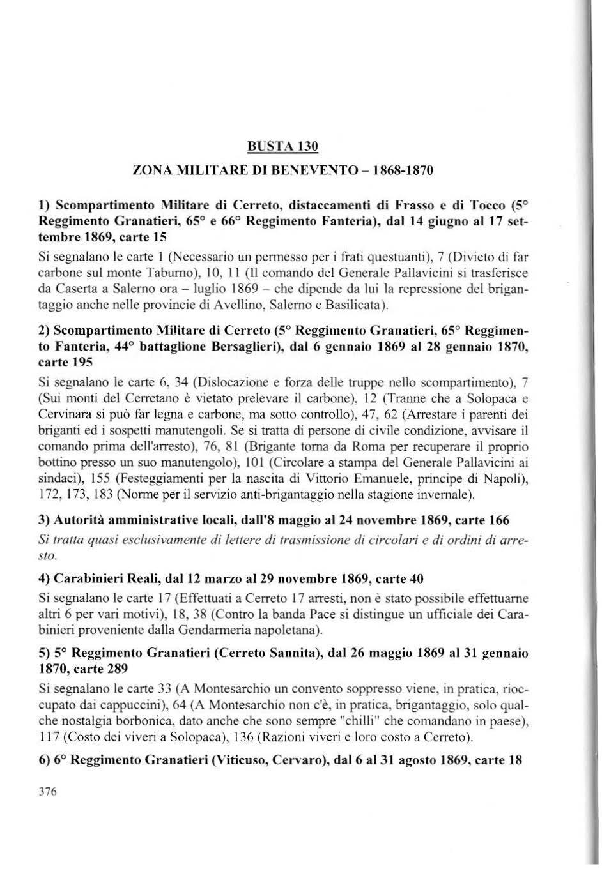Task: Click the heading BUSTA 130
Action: pyautogui.click(x=282, y=146)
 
